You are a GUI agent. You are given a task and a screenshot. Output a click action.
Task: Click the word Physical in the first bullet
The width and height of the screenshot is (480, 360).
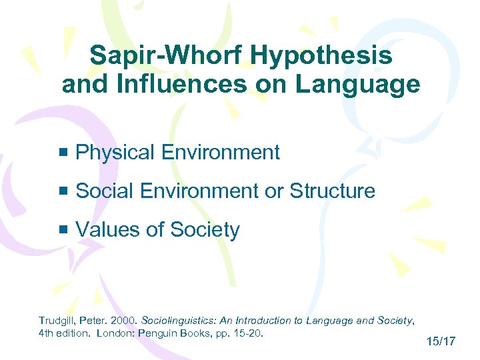[x=115, y=153]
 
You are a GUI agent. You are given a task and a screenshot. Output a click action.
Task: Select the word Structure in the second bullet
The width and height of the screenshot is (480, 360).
[x=332, y=191]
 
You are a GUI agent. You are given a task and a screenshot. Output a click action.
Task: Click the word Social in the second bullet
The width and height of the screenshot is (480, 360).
[x=105, y=191]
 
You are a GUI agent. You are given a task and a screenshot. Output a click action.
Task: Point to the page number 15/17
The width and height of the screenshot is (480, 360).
[x=439, y=342]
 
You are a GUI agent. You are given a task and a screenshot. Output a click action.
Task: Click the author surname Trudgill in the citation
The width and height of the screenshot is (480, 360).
[x=59, y=321]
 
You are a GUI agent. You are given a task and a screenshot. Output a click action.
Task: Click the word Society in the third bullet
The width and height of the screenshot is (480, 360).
[x=205, y=230]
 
